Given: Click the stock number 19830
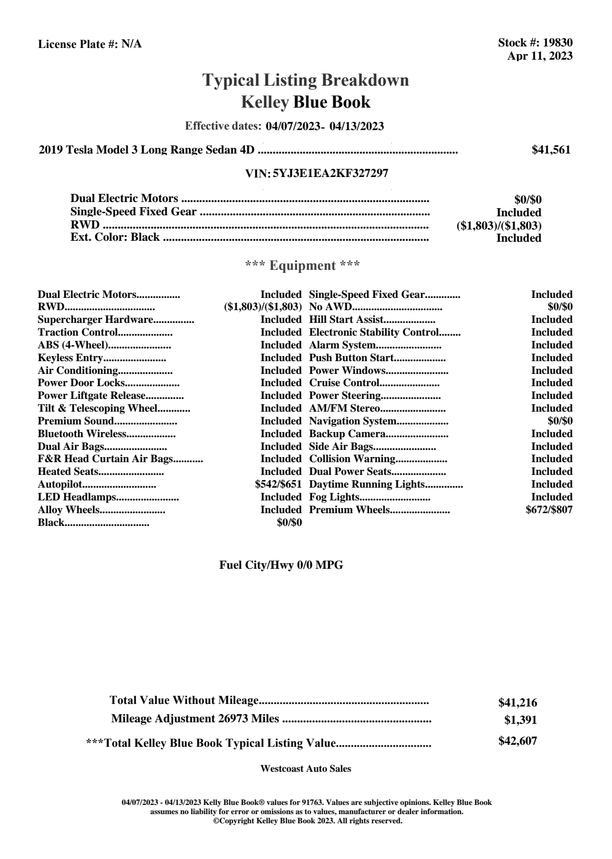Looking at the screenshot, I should [557, 43].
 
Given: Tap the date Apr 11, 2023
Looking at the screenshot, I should [540, 56].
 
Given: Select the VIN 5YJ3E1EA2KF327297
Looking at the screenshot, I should [330, 173].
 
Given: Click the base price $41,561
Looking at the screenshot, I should [551, 150].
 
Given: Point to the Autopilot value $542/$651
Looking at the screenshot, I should [278, 484].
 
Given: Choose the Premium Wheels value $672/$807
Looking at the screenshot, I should [549, 510].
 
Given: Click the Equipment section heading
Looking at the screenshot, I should [303, 266].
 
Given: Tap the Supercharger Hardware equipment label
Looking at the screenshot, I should [95, 320].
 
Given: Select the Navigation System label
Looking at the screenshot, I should [353, 421].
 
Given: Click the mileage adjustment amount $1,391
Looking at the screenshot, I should [520, 720].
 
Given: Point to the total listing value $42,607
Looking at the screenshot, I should [517, 741].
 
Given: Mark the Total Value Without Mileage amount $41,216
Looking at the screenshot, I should [517, 703].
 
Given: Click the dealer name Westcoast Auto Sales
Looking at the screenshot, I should [305, 769].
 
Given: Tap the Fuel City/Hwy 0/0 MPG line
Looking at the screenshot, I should [281, 565].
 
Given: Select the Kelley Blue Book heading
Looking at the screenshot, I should [305, 103].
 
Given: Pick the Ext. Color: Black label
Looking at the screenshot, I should [115, 237].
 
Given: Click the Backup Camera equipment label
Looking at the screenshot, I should [347, 434].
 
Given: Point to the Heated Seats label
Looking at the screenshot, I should [68, 472].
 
